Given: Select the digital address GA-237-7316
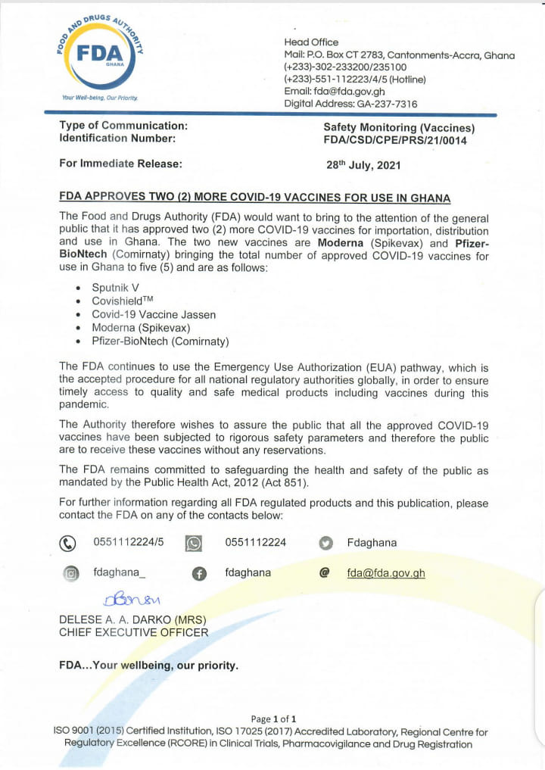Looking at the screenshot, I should click(381, 104).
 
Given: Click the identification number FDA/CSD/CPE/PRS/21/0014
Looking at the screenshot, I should click(394, 140).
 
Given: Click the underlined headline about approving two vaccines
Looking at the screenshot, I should click(254, 198).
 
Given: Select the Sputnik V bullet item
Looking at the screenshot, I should click(115, 288).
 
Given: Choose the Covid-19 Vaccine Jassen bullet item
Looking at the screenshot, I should click(154, 314).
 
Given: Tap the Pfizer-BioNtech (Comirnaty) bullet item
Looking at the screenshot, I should click(160, 341).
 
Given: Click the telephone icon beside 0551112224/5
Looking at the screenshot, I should click(68, 543).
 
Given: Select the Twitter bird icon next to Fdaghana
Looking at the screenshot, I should click(326, 543).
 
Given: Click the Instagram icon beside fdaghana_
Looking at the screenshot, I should click(70, 574).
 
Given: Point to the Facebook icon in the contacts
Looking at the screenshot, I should click(199, 574).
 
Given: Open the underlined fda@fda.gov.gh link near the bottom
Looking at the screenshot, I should click(386, 573).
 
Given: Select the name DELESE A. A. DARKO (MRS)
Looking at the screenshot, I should click(132, 619).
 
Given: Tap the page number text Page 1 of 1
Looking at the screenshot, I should click(273, 719).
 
